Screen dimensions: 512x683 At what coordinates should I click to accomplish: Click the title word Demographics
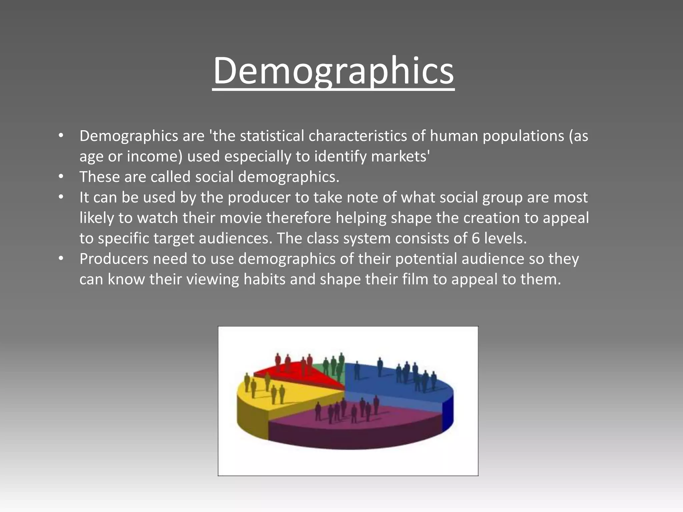333,71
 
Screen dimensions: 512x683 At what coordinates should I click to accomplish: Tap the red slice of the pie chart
293,375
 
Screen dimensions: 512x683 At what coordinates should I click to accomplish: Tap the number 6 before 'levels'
476,238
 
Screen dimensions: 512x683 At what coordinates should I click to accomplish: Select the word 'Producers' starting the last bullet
114,259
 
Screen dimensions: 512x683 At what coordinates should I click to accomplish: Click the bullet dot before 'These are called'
61,177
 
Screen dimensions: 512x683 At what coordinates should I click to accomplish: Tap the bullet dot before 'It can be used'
61,197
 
